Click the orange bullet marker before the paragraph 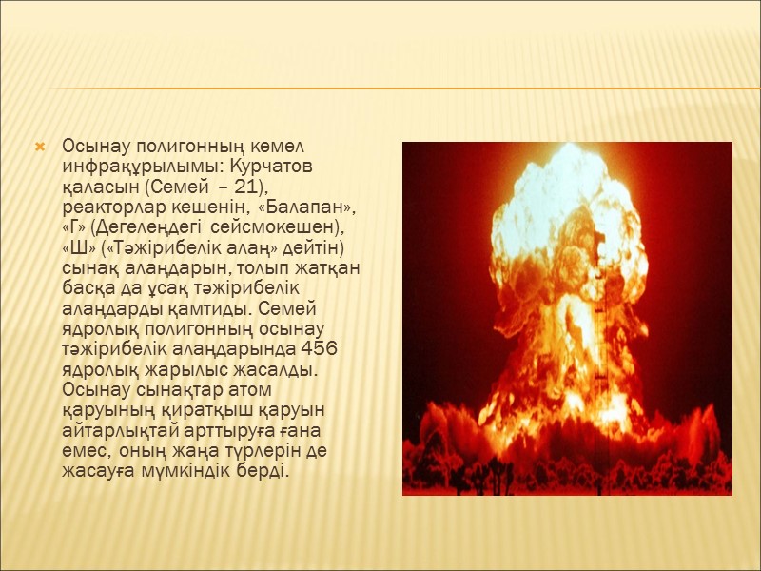tap(40, 147)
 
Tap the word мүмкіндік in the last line tap(182, 471)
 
